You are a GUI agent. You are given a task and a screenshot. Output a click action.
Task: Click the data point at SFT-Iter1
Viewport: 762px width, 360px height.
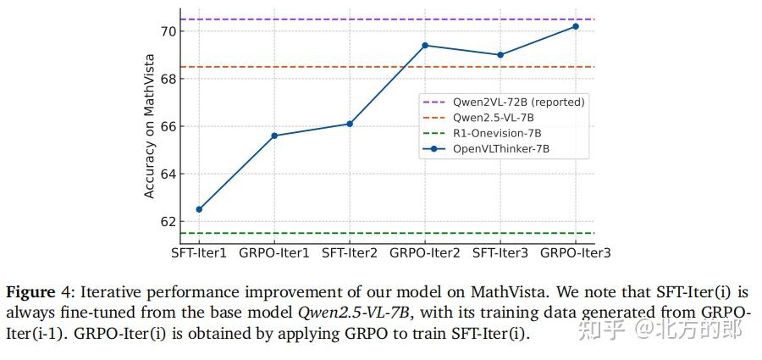coord(199,209)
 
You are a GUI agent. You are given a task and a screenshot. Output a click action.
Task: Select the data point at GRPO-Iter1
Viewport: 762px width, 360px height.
coord(274,136)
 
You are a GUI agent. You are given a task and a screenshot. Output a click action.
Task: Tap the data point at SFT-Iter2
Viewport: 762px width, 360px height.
coord(350,124)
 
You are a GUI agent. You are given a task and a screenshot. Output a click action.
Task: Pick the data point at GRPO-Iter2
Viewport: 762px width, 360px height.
coord(425,45)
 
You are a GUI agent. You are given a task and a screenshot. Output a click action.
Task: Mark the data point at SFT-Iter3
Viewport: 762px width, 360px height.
coord(500,55)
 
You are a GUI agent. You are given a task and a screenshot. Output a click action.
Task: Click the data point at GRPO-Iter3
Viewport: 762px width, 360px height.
coord(576,26)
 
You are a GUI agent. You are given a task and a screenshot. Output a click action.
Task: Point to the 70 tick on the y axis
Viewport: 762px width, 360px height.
coord(168,31)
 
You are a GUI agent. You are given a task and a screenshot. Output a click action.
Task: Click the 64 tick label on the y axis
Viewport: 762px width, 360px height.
coord(168,174)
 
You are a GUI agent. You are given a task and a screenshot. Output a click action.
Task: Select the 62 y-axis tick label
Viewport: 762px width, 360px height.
coord(168,221)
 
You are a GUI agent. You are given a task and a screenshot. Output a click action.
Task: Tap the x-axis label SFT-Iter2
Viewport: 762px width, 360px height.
coord(350,252)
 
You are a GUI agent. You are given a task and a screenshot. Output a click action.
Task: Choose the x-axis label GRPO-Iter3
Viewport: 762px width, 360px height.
coord(576,252)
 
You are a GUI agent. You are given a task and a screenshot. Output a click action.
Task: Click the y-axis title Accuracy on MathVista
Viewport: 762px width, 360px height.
coord(150,126)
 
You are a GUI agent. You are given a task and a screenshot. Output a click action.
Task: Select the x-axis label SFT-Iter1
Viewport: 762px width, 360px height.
coord(199,252)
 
